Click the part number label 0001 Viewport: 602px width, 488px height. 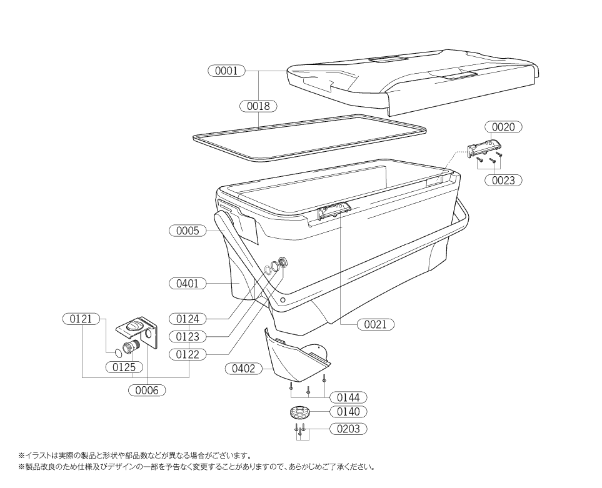coord(226,71)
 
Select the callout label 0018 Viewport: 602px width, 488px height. coord(258,106)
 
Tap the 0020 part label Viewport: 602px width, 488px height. coord(503,127)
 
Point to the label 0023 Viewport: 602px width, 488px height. coord(503,180)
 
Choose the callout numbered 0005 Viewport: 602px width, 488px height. coord(188,231)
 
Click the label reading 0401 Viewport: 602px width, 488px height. coord(188,284)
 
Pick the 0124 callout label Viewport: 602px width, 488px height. coord(188,319)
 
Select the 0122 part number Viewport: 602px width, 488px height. coord(188,354)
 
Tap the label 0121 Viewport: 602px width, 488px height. coord(81,319)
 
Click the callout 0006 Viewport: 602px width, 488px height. coord(147,390)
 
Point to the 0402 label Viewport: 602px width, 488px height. coord(243,369)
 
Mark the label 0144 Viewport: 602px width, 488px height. coord(348,397)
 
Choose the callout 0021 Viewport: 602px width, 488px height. coord(376,324)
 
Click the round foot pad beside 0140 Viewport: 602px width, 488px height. coord(300,413)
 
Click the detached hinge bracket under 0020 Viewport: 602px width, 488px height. coord(484,148)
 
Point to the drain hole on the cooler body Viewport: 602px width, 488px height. coord(284,262)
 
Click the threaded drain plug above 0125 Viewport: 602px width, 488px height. coord(131,347)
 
